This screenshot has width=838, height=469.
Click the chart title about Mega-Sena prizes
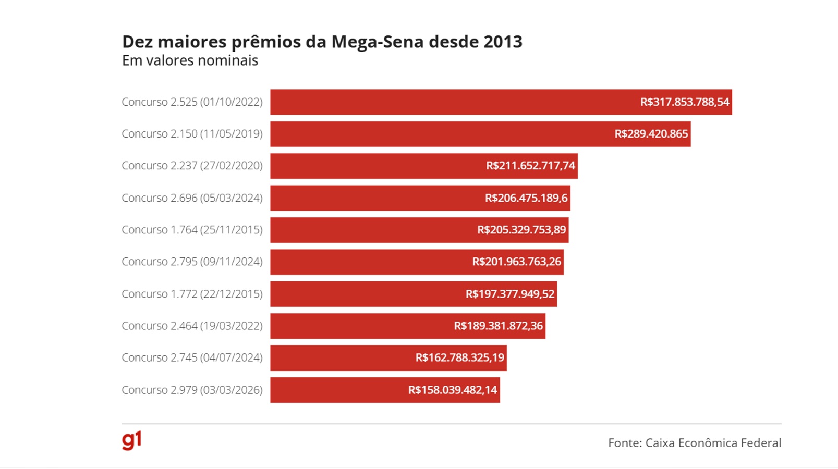pos(322,42)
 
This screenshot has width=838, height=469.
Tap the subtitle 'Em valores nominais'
pos(190,61)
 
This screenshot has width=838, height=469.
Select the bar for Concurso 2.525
pos(448,102)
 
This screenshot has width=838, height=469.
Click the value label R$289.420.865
pos(651,134)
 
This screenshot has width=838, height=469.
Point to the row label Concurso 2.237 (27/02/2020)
pos(192,166)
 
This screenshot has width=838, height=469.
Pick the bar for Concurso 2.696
pos(375,198)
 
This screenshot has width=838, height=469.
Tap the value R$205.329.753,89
pos(521,230)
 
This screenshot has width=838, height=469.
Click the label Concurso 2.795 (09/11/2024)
pos(192,262)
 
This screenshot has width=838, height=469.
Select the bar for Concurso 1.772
pos(365,294)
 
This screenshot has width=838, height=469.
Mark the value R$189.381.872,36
pos(498,326)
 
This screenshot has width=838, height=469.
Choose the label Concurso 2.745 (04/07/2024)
pos(192,357)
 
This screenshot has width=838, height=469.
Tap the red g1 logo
pos(131,440)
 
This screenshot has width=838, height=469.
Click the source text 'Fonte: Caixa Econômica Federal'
pos(694,443)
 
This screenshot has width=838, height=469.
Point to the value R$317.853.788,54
pos(684,102)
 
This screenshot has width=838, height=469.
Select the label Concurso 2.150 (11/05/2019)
pos(192,134)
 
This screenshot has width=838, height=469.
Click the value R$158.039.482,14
pos(452,390)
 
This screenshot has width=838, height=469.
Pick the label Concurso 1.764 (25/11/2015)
pos(192,230)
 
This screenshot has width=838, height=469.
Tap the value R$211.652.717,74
pos(530,166)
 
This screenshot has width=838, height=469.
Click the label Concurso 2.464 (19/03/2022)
pos(192,326)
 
